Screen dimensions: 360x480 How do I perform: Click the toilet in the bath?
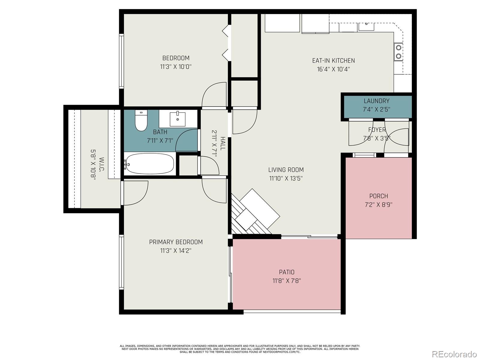pyautogui.click(x=141, y=121)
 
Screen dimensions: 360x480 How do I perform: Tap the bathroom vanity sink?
pyautogui.click(x=178, y=119)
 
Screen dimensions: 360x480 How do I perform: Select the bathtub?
pyautogui.click(x=149, y=164)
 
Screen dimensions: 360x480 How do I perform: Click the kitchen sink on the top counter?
pyautogui.click(x=366, y=26)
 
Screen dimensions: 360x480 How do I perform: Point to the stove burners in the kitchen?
pyautogui.click(x=398, y=52)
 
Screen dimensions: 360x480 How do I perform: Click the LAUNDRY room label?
pyautogui.click(x=376, y=101)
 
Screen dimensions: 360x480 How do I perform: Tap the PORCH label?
pyautogui.click(x=379, y=196)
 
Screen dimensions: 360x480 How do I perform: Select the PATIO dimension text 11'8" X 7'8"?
pyautogui.click(x=286, y=281)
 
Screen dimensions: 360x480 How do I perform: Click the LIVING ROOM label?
pyautogui.click(x=286, y=170)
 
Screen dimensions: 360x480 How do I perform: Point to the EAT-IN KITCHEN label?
pyautogui.click(x=333, y=61)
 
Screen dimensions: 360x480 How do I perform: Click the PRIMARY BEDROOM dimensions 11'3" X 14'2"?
pyautogui.click(x=176, y=251)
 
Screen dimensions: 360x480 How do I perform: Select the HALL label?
pyautogui.click(x=223, y=143)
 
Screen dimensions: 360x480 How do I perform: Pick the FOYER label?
pyautogui.click(x=377, y=130)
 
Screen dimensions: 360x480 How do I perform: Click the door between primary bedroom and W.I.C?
pyautogui.click(x=135, y=193)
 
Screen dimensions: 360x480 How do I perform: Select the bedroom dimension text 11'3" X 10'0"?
pyautogui.click(x=176, y=67)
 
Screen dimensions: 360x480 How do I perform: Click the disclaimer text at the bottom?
pyautogui.click(x=240, y=349)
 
